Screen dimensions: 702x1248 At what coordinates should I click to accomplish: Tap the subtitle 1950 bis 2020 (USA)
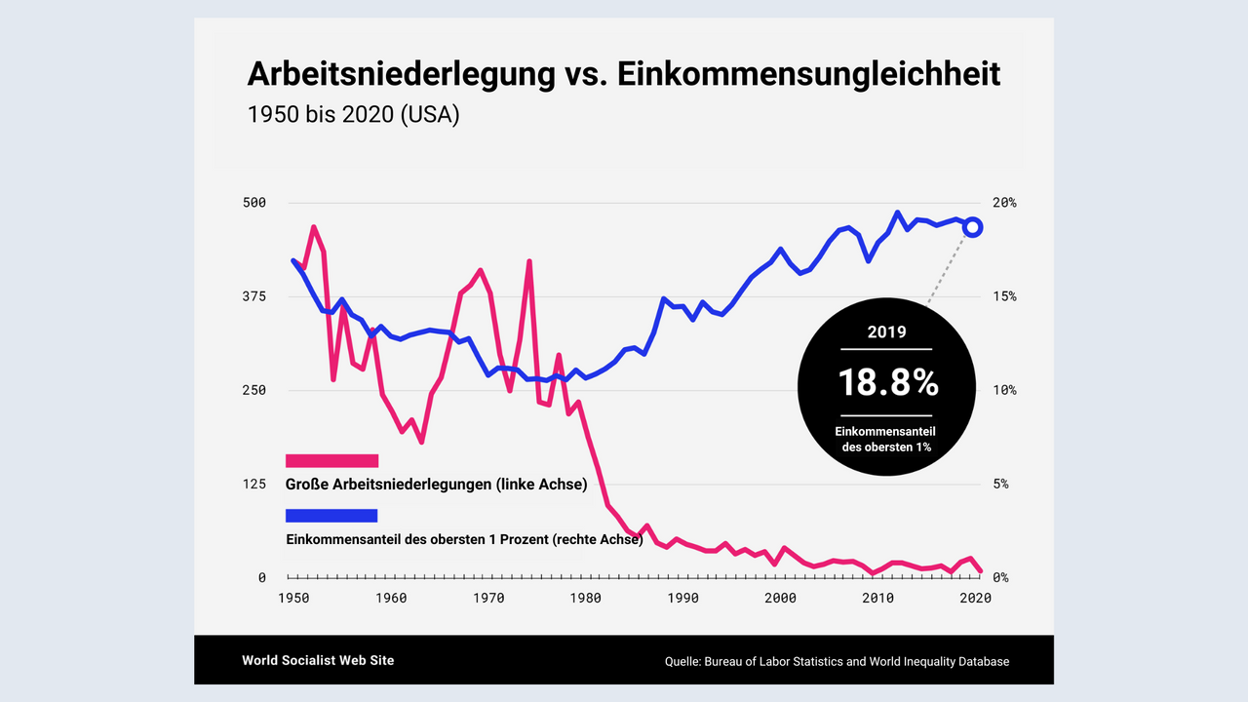[x=353, y=114]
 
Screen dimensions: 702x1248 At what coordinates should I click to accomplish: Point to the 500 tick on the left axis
[x=254, y=203]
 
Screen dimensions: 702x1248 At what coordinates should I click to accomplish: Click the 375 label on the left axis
[x=254, y=296]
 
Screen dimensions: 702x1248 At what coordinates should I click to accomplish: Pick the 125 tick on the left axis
[x=254, y=484]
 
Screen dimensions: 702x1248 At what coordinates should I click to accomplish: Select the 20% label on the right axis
[x=1004, y=203]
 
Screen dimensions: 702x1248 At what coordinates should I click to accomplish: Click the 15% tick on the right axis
[x=1004, y=296]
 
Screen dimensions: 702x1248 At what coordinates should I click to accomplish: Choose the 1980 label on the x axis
[x=586, y=599]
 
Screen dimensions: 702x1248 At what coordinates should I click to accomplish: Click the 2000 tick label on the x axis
[x=781, y=599]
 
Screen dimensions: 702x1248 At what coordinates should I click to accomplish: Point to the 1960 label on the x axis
[x=391, y=599]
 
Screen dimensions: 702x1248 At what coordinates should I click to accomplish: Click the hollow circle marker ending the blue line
[x=972, y=227]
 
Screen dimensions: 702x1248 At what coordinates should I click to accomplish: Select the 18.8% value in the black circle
[x=887, y=383]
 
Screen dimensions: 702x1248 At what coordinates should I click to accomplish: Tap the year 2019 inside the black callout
[x=887, y=331]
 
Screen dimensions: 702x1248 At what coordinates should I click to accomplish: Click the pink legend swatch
[x=331, y=461]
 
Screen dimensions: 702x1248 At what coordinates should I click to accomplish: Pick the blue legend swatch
[x=331, y=516]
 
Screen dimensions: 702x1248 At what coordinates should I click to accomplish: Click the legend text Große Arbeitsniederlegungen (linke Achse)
[x=436, y=485]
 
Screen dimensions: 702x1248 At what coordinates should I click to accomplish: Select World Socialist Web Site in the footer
[x=318, y=660]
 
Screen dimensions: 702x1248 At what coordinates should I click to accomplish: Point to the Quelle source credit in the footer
[x=837, y=661]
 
